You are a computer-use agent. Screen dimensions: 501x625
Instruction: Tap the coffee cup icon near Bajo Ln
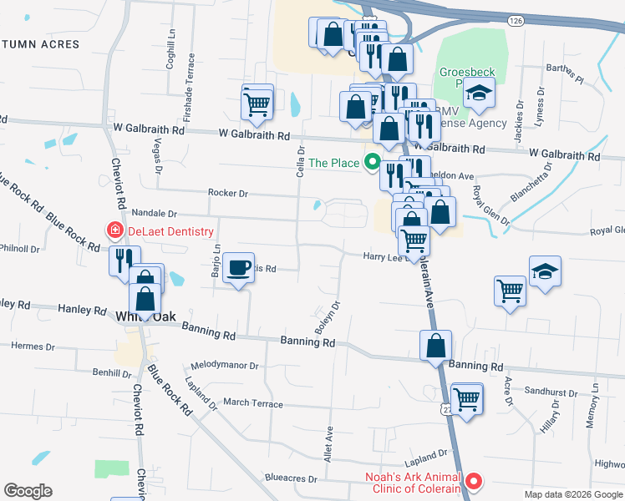coord(239,266)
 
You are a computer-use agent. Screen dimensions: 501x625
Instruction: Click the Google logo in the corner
coord(28,491)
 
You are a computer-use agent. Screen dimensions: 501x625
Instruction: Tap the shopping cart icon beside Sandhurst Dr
coord(466,397)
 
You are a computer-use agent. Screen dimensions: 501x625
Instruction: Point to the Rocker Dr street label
coord(227,194)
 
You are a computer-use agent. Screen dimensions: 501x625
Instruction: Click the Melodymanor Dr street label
coord(225,366)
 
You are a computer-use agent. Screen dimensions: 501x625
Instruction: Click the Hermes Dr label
coord(33,346)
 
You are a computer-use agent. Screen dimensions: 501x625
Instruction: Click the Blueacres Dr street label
coord(290,479)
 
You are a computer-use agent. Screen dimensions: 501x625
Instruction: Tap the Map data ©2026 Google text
coord(572,494)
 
